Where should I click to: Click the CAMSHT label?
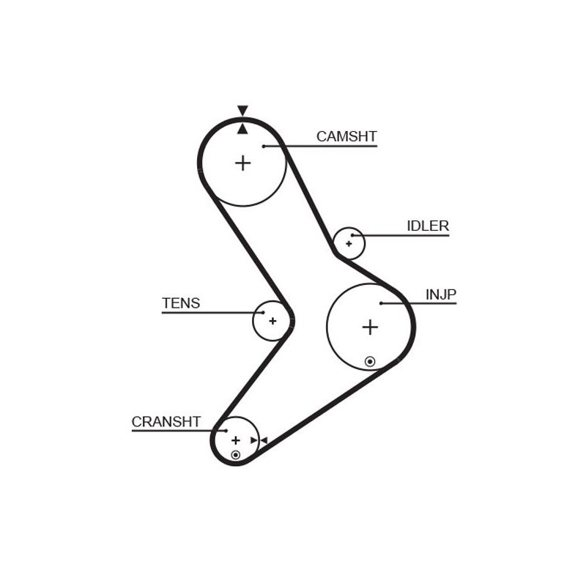tap(346, 136)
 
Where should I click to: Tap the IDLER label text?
tap(428, 226)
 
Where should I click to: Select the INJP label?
tap(441, 294)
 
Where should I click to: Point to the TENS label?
tap(181, 303)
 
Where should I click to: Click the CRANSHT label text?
tap(166, 422)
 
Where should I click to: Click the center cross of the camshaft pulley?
tap(243, 163)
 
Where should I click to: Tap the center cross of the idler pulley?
tap(349, 244)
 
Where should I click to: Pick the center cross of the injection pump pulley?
tap(370, 327)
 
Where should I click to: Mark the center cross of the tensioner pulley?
tap(272, 321)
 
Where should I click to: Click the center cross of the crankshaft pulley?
tap(235, 440)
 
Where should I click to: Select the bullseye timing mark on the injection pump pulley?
tap(370, 361)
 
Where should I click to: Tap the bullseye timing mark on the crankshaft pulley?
tap(235, 455)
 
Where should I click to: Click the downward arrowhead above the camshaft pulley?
tap(242, 111)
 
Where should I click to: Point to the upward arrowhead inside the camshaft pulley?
tap(242, 129)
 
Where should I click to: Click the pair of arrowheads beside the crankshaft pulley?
tap(259, 440)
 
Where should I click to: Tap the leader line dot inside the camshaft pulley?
tap(264, 146)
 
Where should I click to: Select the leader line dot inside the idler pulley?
tap(352, 235)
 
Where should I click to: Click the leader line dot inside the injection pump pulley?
tap(381, 303)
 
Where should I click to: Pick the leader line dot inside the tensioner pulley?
tap(263, 313)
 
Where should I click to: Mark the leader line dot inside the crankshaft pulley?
tap(226, 431)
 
